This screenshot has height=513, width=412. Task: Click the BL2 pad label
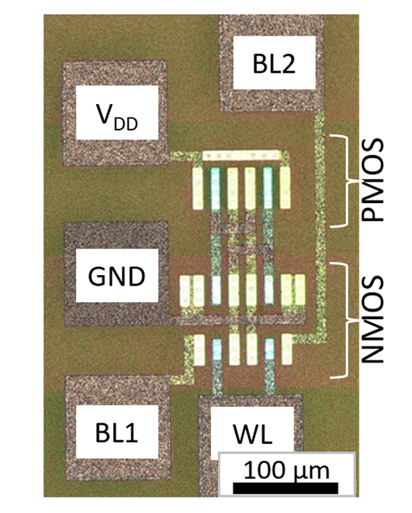pyautogui.click(x=274, y=64)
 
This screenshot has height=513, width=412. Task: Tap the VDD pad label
pyautogui.click(x=117, y=116)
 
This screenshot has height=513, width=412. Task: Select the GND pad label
pyautogui.click(x=116, y=276)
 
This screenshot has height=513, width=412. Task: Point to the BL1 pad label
pyautogui.click(x=116, y=432)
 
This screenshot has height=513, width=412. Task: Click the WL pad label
pyautogui.click(x=252, y=434)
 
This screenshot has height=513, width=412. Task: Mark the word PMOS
pyautogui.click(x=372, y=180)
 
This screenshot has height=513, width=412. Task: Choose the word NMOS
pyautogui.click(x=372, y=320)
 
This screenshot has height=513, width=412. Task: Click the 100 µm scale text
pyautogui.click(x=287, y=470)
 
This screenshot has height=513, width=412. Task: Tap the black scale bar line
pyautogui.click(x=285, y=488)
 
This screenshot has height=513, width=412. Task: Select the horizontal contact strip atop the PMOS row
pyautogui.click(x=241, y=155)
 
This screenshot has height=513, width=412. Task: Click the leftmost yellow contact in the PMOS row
pyautogui.click(x=197, y=188)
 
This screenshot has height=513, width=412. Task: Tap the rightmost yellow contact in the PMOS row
pyautogui.click(x=285, y=188)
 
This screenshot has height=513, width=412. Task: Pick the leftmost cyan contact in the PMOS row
pyautogui.click(x=215, y=188)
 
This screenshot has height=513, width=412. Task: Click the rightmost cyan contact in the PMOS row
pyautogui.click(x=268, y=188)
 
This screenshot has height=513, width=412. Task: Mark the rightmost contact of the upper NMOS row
pyautogui.click(x=300, y=290)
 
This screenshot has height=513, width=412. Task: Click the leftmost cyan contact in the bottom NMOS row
pyautogui.click(x=217, y=349)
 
